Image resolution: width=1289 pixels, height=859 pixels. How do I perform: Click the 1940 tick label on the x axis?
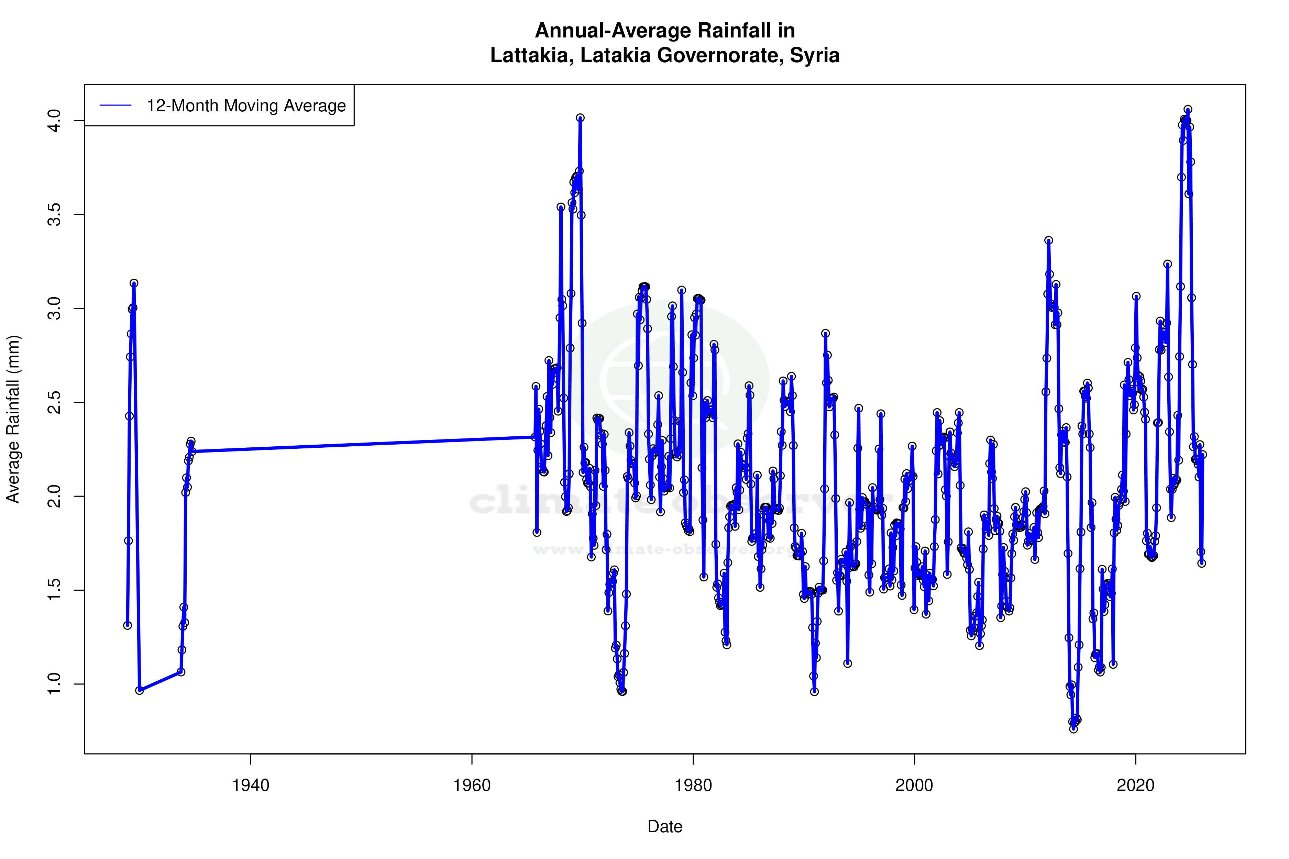click(x=251, y=785)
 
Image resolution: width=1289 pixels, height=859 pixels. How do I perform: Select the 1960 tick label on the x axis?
click(x=472, y=785)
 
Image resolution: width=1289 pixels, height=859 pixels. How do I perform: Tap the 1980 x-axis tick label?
click(x=693, y=785)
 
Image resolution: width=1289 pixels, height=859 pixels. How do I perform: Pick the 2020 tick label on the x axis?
click(x=1136, y=785)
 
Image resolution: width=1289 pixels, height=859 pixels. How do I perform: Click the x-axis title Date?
click(x=665, y=827)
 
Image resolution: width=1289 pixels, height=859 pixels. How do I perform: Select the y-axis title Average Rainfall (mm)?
click(x=13, y=419)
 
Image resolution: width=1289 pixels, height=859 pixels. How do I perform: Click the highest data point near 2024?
click(x=1188, y=110)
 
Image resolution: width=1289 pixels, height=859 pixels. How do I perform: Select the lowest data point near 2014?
click(x=1073, y=729)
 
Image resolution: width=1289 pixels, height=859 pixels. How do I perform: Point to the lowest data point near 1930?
click(x=140, y=690)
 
